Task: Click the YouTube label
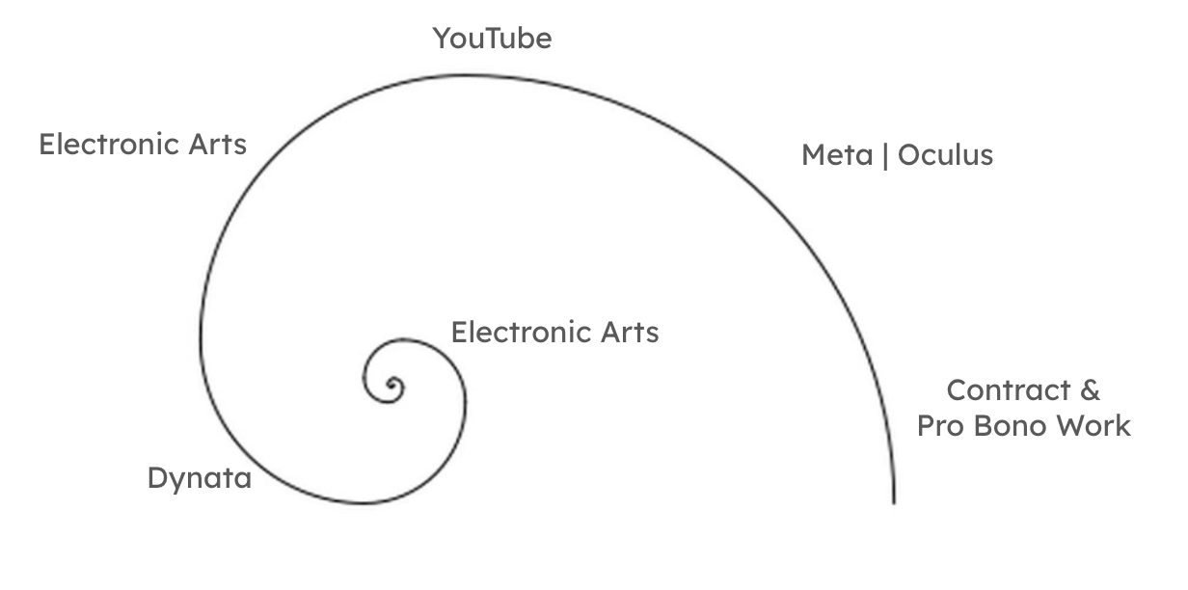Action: pyautogui.click(x=492, y=39)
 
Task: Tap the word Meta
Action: pyautogui.click(x=837, y=155)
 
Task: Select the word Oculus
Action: pyautogui.click(x=945, y=155)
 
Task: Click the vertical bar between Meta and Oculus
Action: pyautogui.click(x=885, y=155)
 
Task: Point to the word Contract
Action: pyautogui.click(x=996, y=390)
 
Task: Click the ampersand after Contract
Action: pyautogui.click(x=1089, y=390)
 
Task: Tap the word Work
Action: pyautogui.click(x=1094, y=425)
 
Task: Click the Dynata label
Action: pyautogui.click(x=199, y=478)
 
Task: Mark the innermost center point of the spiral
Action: pyautogui.click(x=392, y=389)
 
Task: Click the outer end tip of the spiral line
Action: pyautogui.click(x=894, y=502)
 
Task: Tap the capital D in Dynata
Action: pyautogui.click(x=157, y=478)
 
